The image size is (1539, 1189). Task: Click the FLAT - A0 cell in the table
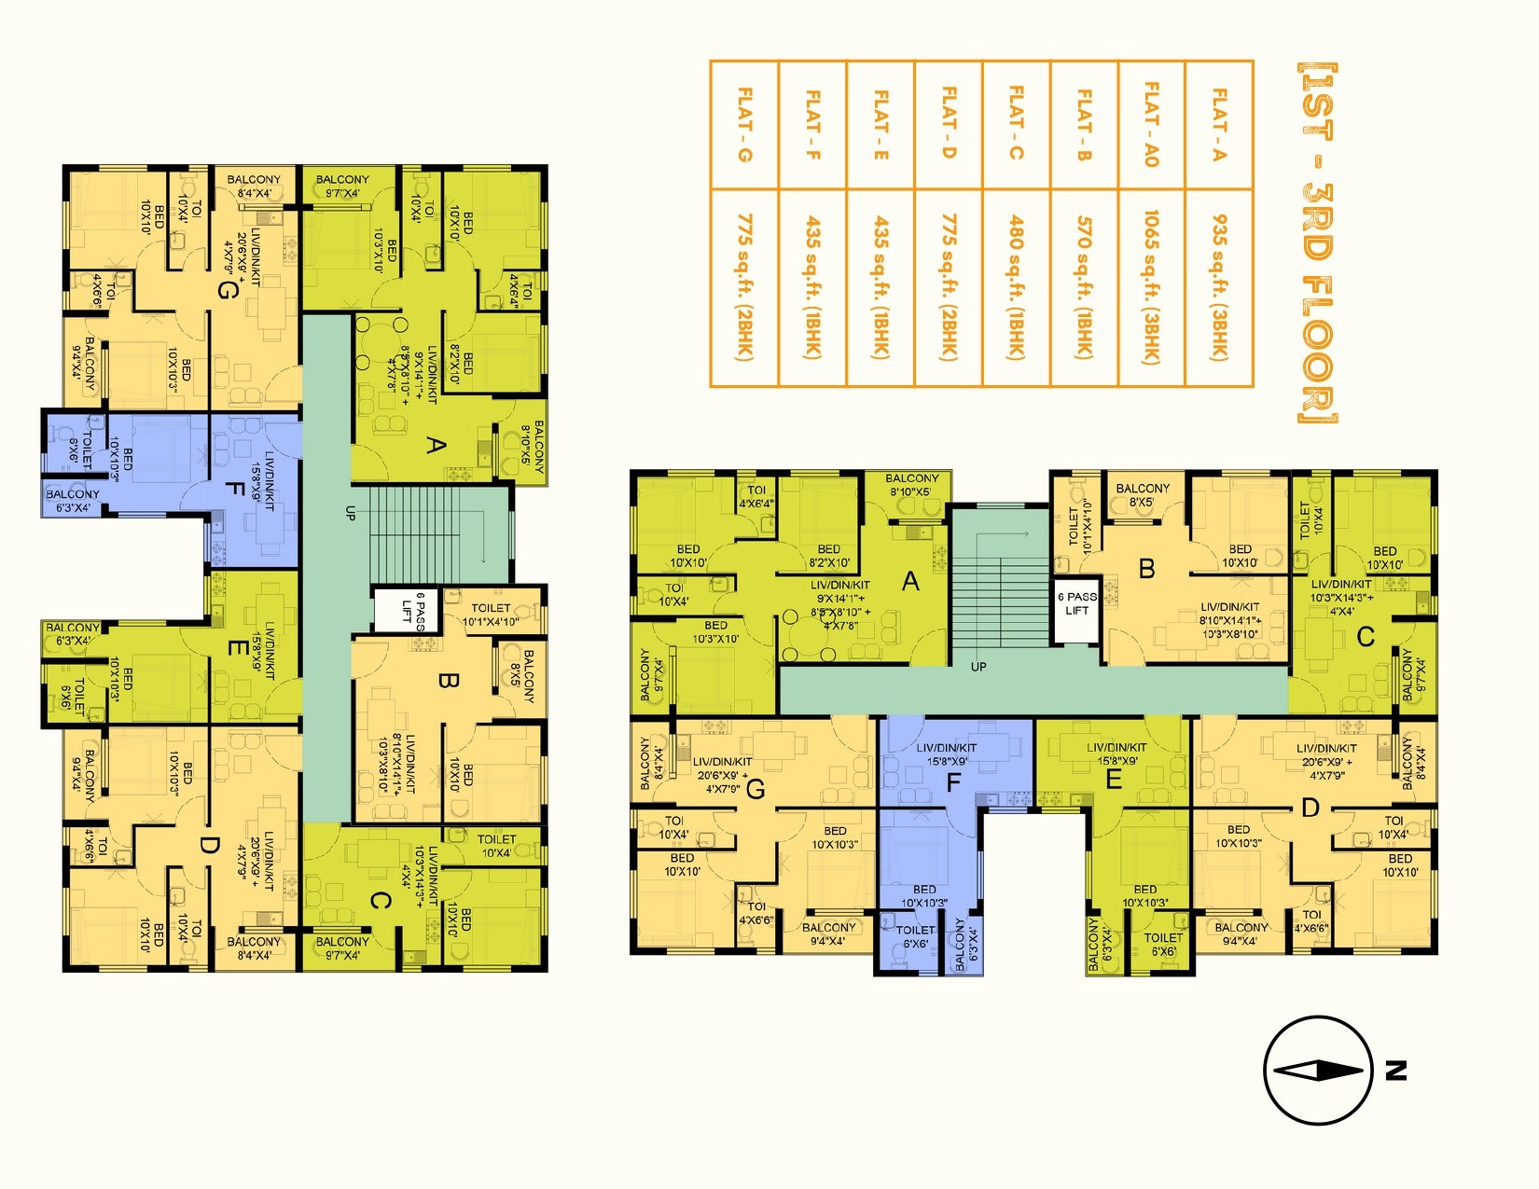[x=1151, y=125]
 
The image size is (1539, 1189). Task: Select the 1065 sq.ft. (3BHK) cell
[x=1151, y=287]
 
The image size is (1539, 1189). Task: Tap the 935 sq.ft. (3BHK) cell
[x=1219, y=287]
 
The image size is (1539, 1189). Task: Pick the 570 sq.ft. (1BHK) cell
[x=1084, y=287]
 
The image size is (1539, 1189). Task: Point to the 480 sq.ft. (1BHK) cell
[x=1016, y=287]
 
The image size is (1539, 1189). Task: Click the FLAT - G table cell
[x=744, y=125]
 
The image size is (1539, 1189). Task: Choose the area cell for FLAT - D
[x=948, y=287]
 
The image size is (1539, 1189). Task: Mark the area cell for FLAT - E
[x=880, y=287]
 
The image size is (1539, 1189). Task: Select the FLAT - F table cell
[x=812, y=125]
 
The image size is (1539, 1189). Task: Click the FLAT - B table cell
[x=1084, y=125]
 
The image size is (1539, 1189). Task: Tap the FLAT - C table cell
[x=1016, y=125]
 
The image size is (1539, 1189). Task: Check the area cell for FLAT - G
[x=744, y=287]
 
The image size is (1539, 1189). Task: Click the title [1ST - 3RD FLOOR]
[x=1317, y=242]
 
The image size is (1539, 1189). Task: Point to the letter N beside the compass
[x=1395, y=1071]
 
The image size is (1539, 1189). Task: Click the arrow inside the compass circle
[x=1317, y=1071]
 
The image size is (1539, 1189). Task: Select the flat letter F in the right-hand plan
[x=953, y=782]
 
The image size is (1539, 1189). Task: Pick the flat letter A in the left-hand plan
[x=435, y=446]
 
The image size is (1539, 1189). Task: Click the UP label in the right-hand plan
[x=978, y=667]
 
